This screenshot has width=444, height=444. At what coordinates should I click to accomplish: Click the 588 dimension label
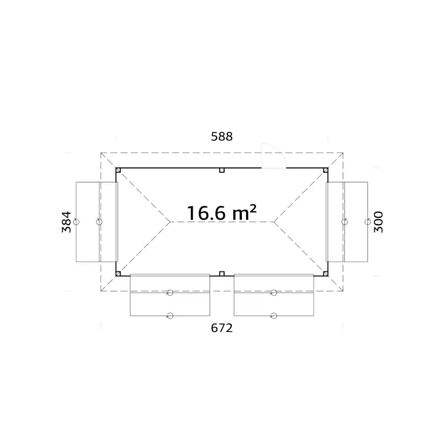pyautogui.click(x=221, y=137)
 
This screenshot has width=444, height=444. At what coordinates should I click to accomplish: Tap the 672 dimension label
pyautogui.click(x=221, y=328)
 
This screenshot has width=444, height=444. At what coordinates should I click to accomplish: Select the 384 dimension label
pyautogui.click(x=66, y=221)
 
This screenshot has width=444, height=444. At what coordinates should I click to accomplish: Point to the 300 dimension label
pyautogui.click(x=378, y=221)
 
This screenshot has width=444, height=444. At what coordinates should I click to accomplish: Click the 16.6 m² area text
pyautogui.click(x=221, y=213)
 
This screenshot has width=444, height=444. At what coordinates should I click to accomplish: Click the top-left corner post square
pyautogui.click(x=119, y=170)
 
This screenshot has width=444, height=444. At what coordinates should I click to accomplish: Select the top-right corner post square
pyautogui.click(x=325, y=170)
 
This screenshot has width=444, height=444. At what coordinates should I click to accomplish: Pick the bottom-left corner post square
pyautogui.click(x=119, y=273)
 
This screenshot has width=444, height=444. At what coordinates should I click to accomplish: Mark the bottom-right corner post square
pyautogui.click(x=325, y=273)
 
